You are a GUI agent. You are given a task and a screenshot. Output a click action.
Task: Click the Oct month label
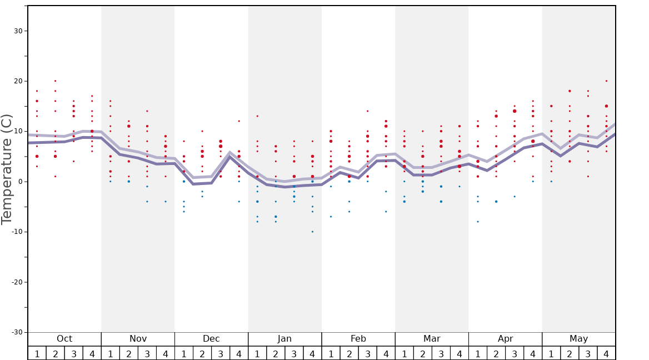[x=64, y=339]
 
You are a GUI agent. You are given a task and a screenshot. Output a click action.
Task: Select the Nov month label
[x=138, y=339]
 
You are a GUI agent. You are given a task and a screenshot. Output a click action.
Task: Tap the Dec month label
[x=211, y=339]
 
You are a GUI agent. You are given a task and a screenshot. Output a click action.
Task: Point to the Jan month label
[x=284, y=339]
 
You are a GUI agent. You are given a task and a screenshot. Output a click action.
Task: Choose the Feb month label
[x=358, y=339]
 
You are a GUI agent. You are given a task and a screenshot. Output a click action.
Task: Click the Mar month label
[x=432, y=339]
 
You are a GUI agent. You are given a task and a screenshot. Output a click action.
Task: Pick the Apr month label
[x=505, y=339]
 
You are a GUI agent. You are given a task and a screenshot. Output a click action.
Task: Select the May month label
[x=578, y=339]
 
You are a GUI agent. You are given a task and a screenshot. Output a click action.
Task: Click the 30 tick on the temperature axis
[x=18, y=31]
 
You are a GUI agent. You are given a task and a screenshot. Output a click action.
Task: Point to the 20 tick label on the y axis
[x=18, y=81]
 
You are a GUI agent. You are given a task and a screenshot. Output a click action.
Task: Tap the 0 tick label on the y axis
[x=20, y=182]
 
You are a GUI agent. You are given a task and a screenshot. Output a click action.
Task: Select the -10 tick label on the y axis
[x=17, y=232]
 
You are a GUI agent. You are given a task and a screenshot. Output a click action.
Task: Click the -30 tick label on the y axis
[x=17, y=332]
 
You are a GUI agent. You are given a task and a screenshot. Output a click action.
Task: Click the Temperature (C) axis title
[x=7, y=169]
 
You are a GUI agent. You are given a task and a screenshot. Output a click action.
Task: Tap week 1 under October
[x=37, y=354]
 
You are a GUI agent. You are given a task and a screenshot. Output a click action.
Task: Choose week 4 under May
[x=606, y=354]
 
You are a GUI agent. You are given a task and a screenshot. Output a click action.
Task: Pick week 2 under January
[x=276, y=354]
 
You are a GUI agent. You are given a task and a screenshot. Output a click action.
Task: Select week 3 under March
[x=441, y=354]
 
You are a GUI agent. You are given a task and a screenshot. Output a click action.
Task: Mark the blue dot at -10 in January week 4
[x=312, y=232]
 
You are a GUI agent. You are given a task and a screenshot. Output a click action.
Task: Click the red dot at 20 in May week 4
[x=606, y=81]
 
